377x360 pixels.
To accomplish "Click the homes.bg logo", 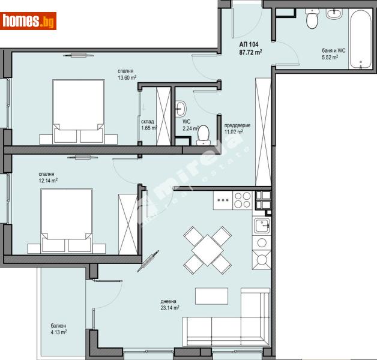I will tap(29, 21).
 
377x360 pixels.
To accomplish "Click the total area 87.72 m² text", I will tap(250, 52).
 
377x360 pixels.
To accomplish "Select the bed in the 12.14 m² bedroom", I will tap(66, 219).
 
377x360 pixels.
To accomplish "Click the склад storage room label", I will tap(149, 121).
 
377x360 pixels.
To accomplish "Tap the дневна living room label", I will tap(168, 301).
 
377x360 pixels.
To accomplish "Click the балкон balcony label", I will tap(58, 325).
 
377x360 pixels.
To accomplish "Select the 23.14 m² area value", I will tap(170, 308).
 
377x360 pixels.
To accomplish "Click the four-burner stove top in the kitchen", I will tap(242, 199).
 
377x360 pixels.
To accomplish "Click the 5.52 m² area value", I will tap(330, 58).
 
